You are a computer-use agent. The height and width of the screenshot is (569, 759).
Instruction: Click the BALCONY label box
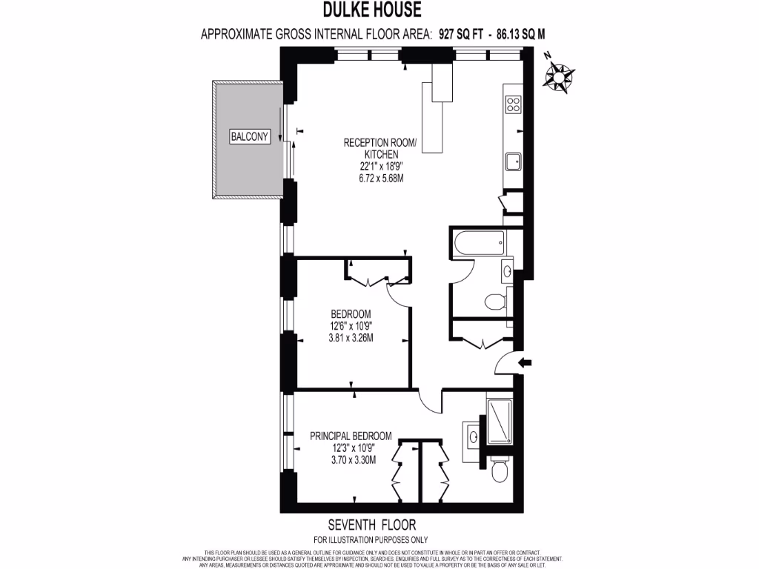pyautogui.click(x=250, y=136)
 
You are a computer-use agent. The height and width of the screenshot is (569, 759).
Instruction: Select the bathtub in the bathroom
pyautogui.click(x=478, y=242)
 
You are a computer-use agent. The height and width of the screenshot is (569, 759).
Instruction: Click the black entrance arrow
pyautogui.click(x=526, y=362)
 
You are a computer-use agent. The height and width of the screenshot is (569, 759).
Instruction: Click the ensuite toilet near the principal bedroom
pyautogui.click(x=499, y=469)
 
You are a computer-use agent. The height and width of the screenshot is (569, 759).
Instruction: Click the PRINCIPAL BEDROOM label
pyautogui.click(x=351, y=437)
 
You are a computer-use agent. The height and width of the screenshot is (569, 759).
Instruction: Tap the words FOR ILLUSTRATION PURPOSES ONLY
pyautogui.click(x=371, y=539)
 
